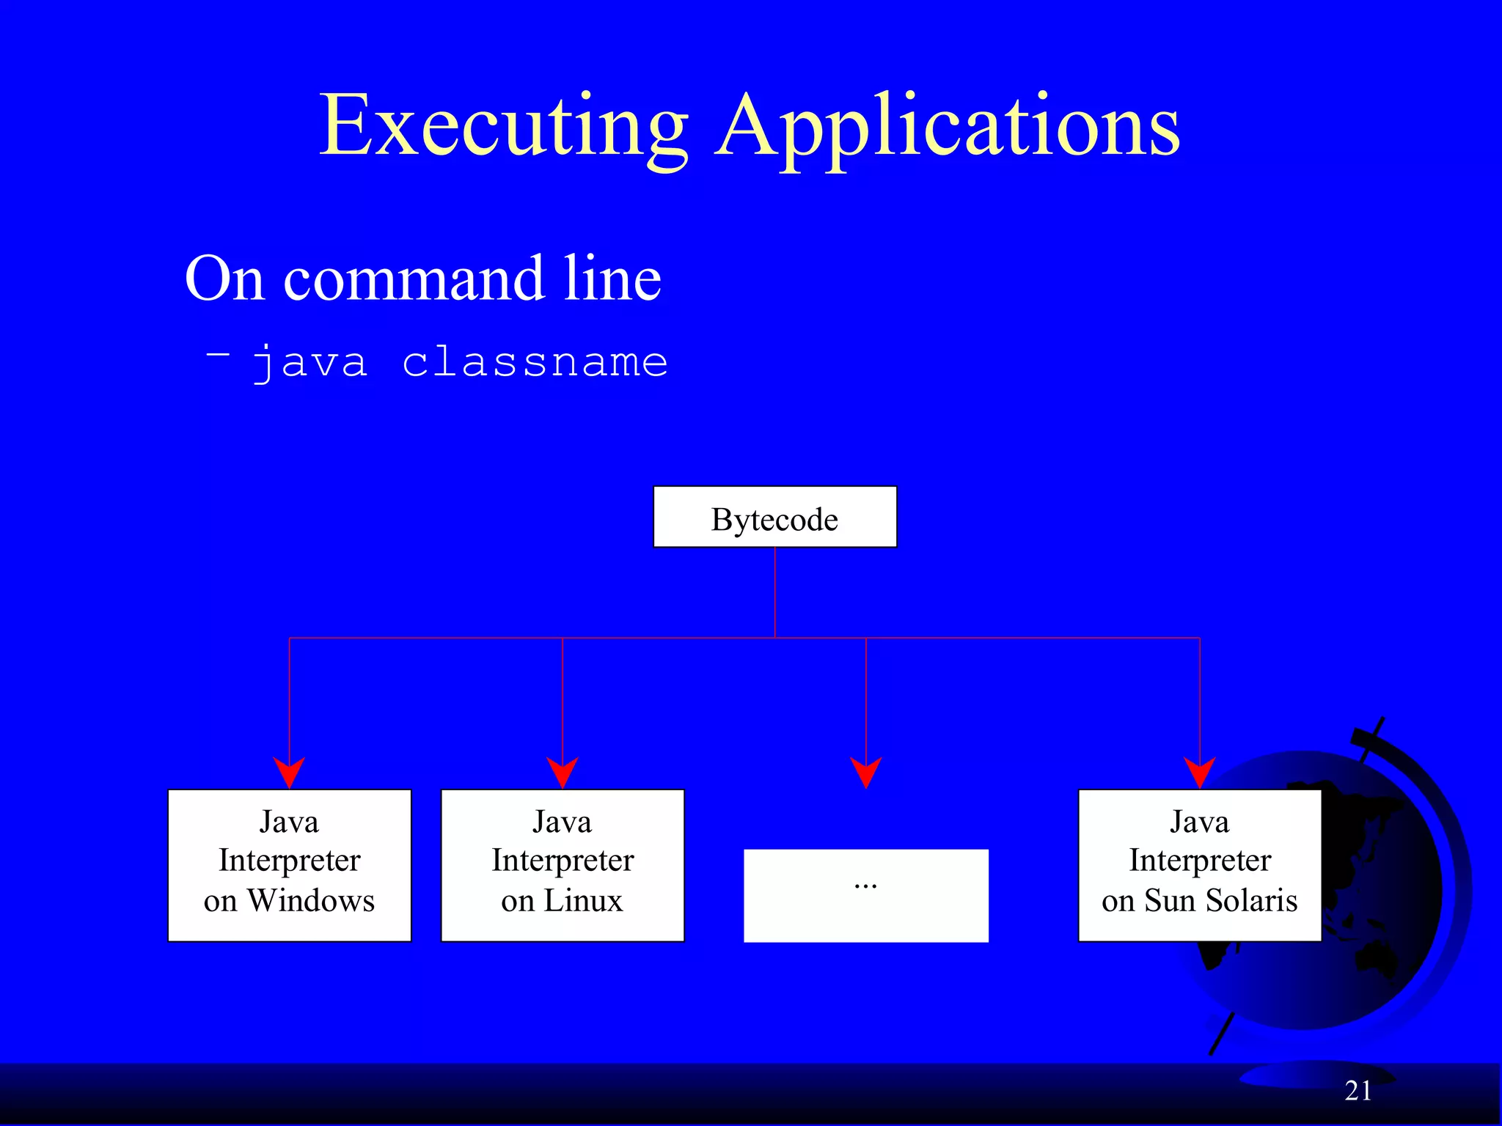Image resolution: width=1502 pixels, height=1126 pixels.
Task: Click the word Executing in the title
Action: click(x=503, y=126)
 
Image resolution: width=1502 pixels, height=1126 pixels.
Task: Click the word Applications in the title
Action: click(x=948, y=126)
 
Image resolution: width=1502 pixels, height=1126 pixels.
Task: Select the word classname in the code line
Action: click(x=535, y=362)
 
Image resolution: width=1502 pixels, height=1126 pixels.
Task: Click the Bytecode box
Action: click(x=774, y=518)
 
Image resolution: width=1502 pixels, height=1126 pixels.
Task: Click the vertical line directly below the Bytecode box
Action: click(x=775, y=592)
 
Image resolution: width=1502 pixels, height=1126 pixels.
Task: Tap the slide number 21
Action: click(x=1358, y=1091)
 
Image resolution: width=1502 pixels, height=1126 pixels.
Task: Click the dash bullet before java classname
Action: click(x=218, y=355)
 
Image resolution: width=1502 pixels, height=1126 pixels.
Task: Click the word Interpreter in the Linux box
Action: click(x=563, y=861)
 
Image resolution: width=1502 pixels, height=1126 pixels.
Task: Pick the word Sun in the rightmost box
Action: click(x=1170, y=900)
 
